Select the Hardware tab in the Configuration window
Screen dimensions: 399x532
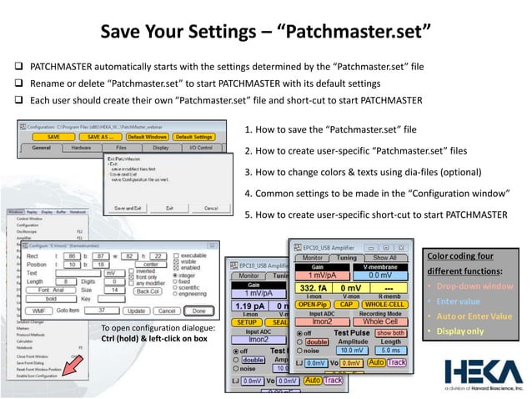[x=81, y=148]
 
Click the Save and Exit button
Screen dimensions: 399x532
[x=128, y=208]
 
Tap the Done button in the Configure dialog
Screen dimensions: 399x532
[x=198, y=311]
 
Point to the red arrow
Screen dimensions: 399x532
[x=71, y=365]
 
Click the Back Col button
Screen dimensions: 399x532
[x=148, y=290]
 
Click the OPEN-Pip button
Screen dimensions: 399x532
[x=314, y=304]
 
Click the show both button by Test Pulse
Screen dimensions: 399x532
[x=389, y=332]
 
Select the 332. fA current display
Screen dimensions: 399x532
[x=314, y=287]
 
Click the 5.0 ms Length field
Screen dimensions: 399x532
[x=390, y=351]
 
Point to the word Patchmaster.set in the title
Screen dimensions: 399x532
[x=359, y=33]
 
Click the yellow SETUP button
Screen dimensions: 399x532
[x=246, y=321]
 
